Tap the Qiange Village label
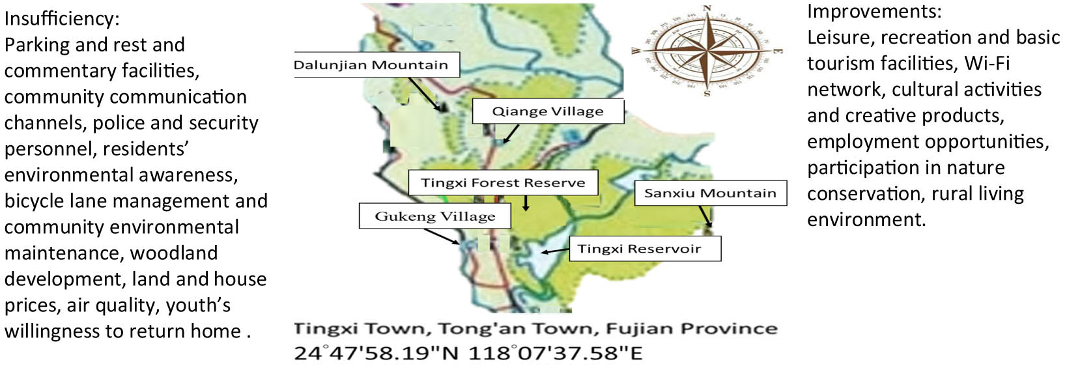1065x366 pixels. click(547, 111)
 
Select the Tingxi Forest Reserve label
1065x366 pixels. click(503, 183)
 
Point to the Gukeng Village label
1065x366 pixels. click(434, 216)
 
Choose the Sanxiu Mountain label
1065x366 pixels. click(710, 193)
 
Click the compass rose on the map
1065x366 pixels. click(707, 51)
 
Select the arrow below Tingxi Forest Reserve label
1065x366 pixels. click(526, 203)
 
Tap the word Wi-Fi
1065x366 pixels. click(987, 63)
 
